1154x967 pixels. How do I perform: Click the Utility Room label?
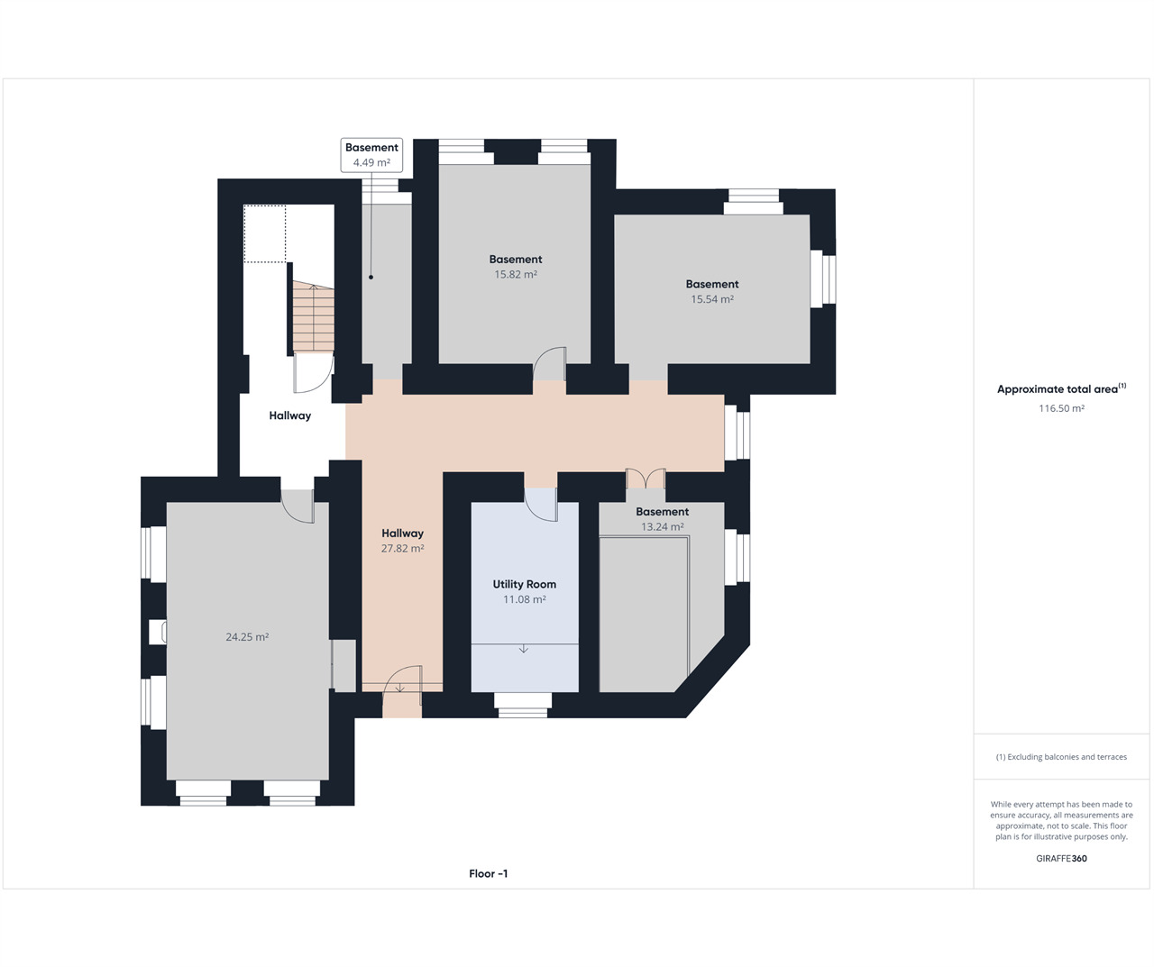(524, 584)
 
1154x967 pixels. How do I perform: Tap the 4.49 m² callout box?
(371, 155)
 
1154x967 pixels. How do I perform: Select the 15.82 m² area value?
(516, 274)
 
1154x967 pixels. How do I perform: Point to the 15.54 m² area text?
(712, 299)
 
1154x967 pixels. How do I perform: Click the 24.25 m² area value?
(247, 636)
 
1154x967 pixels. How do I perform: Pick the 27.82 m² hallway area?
(402, 548)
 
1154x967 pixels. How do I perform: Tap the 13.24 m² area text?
(662, 526)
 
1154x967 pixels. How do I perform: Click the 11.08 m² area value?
(525, 599)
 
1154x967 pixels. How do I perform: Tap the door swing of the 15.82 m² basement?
(549, 363)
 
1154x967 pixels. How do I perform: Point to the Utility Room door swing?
(541, 505)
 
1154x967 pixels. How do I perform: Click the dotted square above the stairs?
(265, 233)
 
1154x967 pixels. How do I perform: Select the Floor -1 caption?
(488, 873)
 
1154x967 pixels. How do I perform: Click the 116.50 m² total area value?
(1061, 408)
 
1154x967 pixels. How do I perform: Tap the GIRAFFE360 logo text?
(1061, 858)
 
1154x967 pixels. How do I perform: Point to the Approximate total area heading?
(1061, 388)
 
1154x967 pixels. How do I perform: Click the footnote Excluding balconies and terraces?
(1061, 757)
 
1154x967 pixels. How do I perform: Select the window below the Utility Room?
(523, 705)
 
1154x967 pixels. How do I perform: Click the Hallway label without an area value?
(289, 415)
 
